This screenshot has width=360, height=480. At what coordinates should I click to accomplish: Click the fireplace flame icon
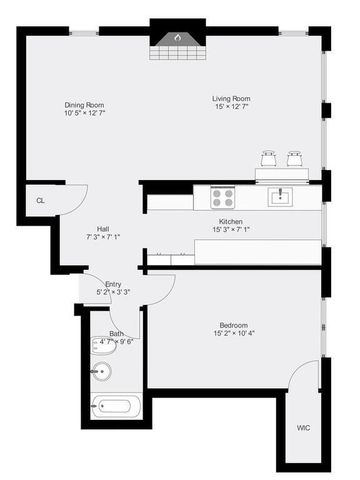point(178,39)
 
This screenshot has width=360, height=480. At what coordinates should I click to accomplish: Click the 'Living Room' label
point(230,98)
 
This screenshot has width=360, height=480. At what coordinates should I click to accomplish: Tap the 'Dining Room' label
point(84,105)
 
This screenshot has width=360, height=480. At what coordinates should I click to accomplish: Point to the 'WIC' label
point(303,429)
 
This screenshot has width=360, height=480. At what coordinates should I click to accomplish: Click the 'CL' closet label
point(41,200)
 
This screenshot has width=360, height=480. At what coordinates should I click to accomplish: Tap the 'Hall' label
point(103,228)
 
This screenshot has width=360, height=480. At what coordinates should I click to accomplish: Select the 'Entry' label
point(113,284)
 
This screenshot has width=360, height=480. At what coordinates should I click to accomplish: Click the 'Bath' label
point(117,333)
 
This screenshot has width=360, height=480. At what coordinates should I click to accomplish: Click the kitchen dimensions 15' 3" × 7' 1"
point(231,231)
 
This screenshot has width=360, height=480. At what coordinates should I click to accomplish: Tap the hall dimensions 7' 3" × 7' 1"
point(103,237)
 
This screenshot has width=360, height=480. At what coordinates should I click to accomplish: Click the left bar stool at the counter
point(268,158)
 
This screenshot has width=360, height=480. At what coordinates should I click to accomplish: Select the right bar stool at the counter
point(294,158)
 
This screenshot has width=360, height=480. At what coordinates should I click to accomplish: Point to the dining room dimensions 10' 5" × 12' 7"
point(84,114)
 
